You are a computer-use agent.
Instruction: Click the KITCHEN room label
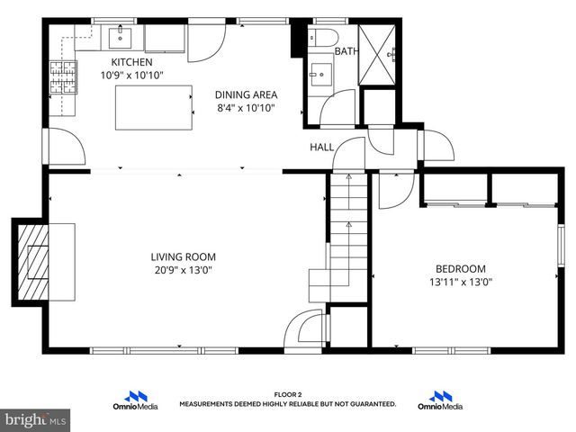coord(131,62)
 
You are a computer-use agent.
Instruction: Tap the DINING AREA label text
coord(246,94)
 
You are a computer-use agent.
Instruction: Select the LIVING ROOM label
coord(183,256)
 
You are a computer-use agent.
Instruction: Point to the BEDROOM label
coord(460,268)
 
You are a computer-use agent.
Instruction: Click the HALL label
coord(322,147)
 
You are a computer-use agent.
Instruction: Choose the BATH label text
coord(346,51)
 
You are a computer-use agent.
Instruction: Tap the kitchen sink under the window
coord(121,38)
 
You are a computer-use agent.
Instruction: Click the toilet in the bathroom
coord(324,37)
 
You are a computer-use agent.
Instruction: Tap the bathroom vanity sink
coord(319,74)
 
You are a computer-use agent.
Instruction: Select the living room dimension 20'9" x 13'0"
coord(183,270)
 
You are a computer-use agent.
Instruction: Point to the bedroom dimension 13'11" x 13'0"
coord(460,282)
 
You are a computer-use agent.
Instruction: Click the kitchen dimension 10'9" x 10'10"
coord(131,75)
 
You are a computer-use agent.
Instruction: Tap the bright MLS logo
coord(35,419)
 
